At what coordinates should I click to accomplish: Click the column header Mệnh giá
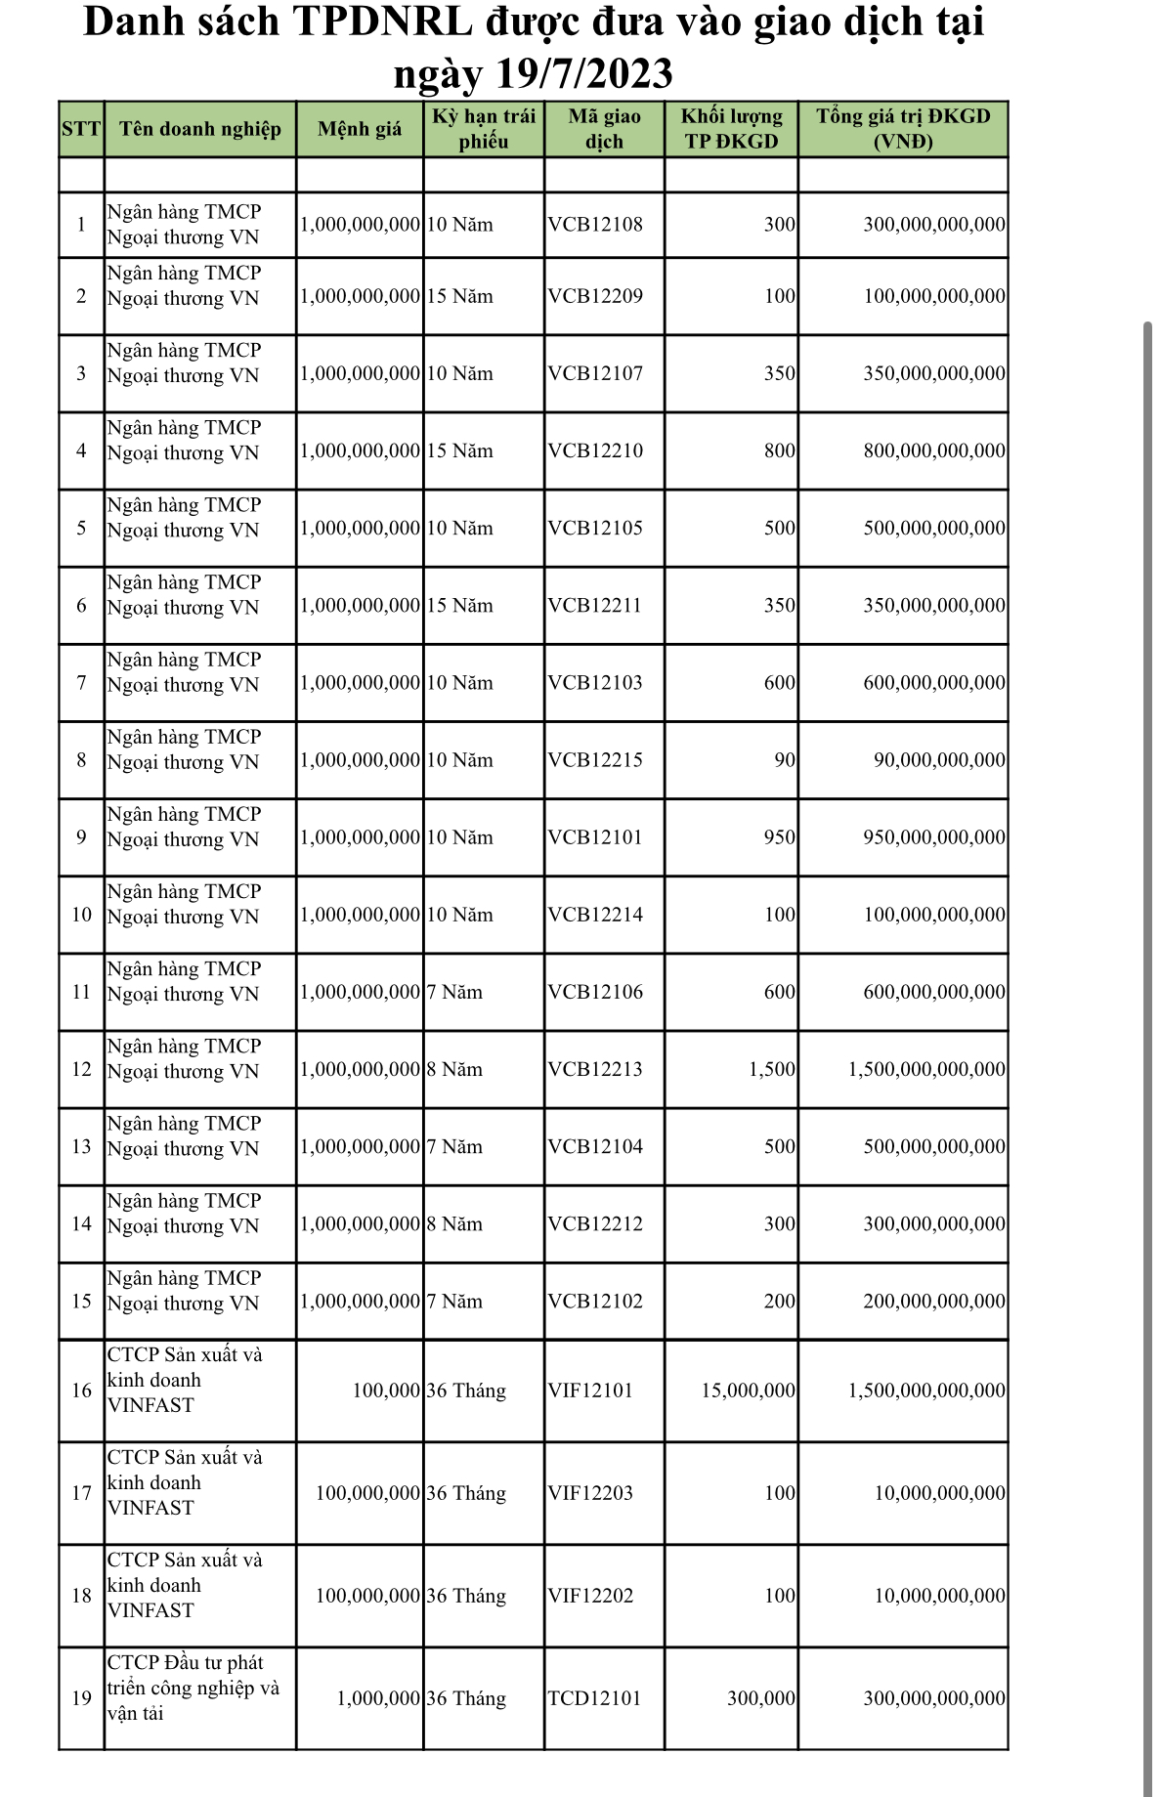(x=360, y=129)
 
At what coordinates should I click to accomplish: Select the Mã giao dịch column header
(x=604, y=129)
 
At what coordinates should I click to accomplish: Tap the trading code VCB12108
(x=595, y=225)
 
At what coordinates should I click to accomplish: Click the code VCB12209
(x=595, y=296)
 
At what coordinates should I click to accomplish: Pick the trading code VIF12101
(x=590, y=1391)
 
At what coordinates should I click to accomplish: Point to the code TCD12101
(x=594, y=1698)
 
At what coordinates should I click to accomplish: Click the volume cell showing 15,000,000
(x=748, y=1391)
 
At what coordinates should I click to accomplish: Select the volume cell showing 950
(x=779, y=837)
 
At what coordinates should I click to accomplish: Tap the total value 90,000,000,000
(x=938, y=760)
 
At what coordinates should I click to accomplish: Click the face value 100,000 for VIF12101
(x=386, y=1391)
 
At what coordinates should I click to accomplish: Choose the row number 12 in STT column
(x=81, y=1069)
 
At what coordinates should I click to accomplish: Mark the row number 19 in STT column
(x=81, y=1698)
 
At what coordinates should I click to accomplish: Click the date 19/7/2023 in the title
(x=584, y=74)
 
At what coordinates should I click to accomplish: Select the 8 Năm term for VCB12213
(x=454, y=1069)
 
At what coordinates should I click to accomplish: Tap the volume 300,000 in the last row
(x=760, y=1698)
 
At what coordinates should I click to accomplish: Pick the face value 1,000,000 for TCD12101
(x=378, y=1698)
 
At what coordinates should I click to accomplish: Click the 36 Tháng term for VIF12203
(x=466, y=1493)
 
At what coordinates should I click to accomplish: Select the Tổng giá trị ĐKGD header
(x=903, y=129)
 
